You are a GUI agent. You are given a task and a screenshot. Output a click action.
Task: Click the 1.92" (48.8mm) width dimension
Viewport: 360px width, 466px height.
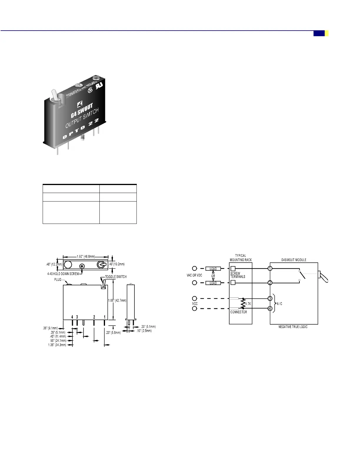86,257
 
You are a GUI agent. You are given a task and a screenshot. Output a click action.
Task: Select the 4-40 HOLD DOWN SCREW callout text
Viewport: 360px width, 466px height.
63,274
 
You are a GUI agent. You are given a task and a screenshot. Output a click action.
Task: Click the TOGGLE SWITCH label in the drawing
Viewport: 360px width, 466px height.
116,277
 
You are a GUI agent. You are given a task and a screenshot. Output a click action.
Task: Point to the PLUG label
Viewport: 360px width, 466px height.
58,279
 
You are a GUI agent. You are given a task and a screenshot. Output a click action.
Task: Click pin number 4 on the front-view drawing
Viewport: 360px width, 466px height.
72,317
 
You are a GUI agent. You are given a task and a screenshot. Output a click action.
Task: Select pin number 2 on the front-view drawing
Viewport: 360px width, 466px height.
94,317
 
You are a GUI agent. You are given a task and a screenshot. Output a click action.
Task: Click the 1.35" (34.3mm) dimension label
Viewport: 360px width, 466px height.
57,345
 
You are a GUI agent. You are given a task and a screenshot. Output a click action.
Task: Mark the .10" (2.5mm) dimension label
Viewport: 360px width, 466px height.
144,331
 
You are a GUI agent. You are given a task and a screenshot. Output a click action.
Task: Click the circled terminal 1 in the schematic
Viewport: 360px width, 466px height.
270,268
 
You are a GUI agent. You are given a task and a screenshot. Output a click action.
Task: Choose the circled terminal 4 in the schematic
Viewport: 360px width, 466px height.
270,309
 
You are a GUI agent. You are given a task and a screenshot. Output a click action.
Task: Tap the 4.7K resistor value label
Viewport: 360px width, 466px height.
248,304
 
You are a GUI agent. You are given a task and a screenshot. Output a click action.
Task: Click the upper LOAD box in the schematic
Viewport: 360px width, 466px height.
213,269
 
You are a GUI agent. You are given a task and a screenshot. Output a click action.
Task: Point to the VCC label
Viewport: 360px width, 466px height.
195,304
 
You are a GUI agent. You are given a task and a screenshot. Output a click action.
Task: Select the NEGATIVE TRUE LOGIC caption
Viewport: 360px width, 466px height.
293,327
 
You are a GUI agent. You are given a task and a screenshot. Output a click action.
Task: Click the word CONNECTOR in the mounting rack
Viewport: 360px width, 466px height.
239,312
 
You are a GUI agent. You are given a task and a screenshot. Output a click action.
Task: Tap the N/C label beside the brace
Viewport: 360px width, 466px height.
279,304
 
